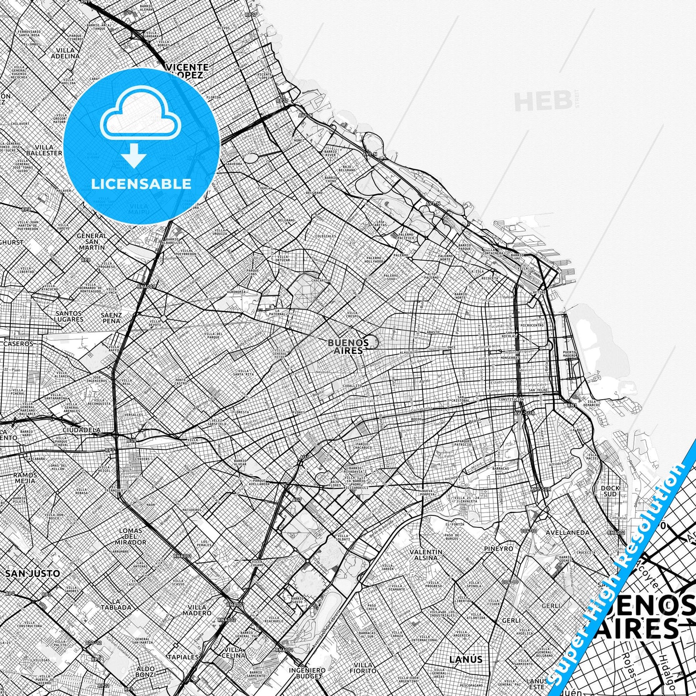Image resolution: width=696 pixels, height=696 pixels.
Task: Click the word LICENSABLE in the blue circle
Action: click(142, 184)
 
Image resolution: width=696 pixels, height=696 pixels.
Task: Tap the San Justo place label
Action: click(32, 574)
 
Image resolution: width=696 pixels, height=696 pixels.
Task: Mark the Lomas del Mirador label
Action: click(131, 536)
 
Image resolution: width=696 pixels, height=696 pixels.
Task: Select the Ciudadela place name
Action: click(82, 430)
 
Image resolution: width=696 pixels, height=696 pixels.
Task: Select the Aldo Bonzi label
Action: click(145, 672)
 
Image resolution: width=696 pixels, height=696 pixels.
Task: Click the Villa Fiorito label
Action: click(364, 668)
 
